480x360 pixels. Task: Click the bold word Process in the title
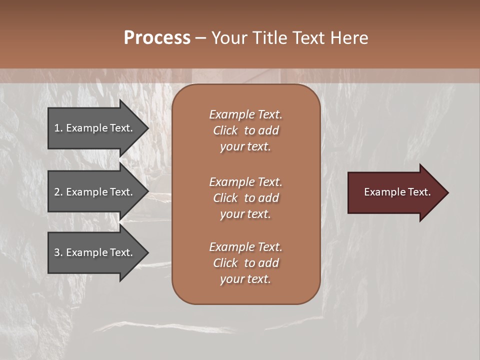coord(157,37)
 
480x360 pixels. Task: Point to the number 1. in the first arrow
coord(58,128)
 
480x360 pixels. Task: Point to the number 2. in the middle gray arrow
coord(58,192)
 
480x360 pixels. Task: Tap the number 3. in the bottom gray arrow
coord(58,252)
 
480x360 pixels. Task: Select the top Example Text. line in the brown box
coord(245,114)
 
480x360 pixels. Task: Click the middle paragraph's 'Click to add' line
coord(245,198)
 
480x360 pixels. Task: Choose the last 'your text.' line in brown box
coord(245,279)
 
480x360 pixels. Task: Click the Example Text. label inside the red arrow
coord(397,192)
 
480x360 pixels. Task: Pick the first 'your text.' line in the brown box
coord(245,147)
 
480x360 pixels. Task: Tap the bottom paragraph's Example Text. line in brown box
coord(245,247)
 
